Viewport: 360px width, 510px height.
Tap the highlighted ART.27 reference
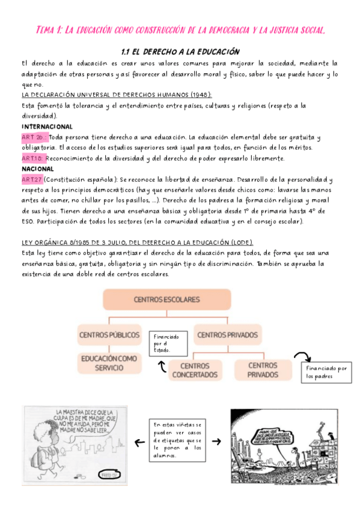[31, 179]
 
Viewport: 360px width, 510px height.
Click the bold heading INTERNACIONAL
[47, 127]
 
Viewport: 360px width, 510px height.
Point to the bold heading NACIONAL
[37, 169]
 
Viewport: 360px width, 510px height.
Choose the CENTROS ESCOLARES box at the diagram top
[166, 300]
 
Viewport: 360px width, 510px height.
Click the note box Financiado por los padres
[326, 372]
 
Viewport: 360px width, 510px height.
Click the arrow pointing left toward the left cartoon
[138, 442]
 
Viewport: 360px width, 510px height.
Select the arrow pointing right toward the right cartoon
[216, 442]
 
